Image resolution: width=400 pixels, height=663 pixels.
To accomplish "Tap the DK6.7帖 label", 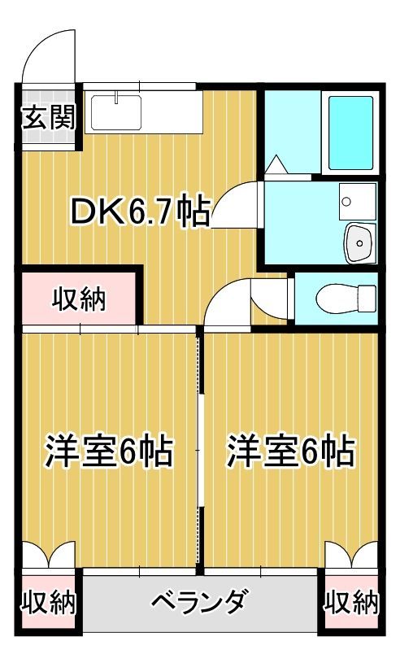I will [x=140, y=213].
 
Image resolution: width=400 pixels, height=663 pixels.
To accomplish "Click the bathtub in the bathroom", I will [x=352, y=132].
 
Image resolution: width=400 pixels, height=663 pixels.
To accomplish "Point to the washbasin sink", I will [x=358, y=242].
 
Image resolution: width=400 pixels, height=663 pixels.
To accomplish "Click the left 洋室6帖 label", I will [x=108, y=449].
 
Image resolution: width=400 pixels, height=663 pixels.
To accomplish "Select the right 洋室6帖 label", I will [x=291, y=449].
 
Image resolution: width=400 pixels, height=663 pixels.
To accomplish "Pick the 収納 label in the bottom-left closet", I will [x=48, y=603].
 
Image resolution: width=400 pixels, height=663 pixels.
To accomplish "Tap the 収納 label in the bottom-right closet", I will [x=352, y=603].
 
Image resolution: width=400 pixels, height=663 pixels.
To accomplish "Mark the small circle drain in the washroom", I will [x=346, y=200].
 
